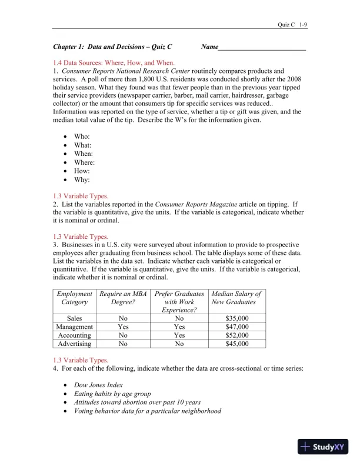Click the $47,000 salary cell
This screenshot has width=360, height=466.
pos(238,327)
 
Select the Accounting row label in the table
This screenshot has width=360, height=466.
pos(74,335)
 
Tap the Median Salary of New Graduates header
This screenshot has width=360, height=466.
pos(237,298)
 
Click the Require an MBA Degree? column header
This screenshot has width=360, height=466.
pos(123,298)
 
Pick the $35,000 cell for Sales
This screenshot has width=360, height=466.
pos(238,318)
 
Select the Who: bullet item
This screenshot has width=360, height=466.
pos(82,136)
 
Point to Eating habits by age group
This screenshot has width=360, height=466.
pos(112,394)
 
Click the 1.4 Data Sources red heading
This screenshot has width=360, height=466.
pos(114,62)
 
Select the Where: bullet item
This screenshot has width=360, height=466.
pos(84,162)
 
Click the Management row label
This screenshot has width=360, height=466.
pos(74,327)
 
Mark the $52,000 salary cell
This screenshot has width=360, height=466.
pos(238,335)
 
